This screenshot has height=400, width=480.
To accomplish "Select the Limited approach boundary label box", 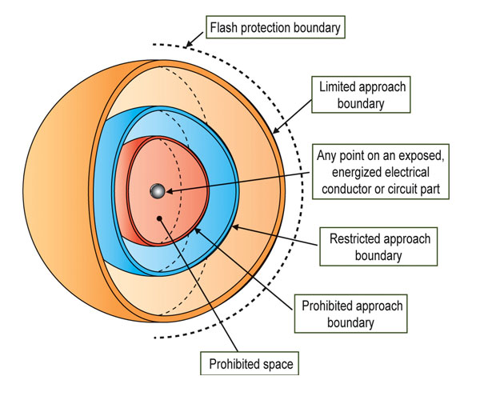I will tap(362, 94).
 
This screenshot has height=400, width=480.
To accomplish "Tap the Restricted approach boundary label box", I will tap(380, 247).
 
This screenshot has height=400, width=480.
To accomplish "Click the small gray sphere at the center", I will tap(158, 191).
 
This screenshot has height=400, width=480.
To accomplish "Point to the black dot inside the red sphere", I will tap(160, 217).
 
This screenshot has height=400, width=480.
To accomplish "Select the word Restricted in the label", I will tap(360, 238).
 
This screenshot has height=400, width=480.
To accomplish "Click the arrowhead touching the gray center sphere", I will tap(168, 190).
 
